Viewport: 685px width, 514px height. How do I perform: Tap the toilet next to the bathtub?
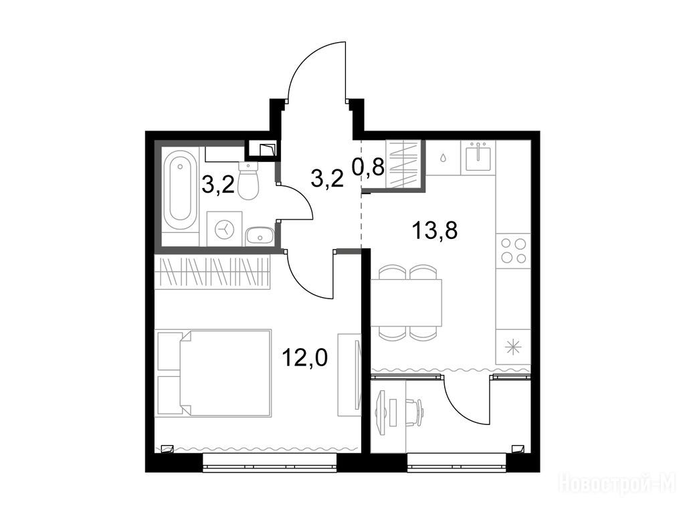point(249,181)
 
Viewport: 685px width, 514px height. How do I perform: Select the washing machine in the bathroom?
point(225,228)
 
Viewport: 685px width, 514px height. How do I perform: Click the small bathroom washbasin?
point(260,237)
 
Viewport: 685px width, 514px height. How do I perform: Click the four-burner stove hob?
point(513,250)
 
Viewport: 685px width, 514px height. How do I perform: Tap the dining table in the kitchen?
point(406,303)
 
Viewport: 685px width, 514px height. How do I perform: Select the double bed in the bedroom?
point(213,373)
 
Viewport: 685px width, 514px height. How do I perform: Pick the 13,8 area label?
point(435,230)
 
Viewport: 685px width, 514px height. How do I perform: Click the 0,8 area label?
point(369,166)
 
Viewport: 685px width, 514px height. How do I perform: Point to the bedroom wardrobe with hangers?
point(213,272)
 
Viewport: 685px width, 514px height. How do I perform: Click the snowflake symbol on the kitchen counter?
point(513,347)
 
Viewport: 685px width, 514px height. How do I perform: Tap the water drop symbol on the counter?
point(444,157)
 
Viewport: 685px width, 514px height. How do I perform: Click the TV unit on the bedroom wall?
point(349,375)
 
